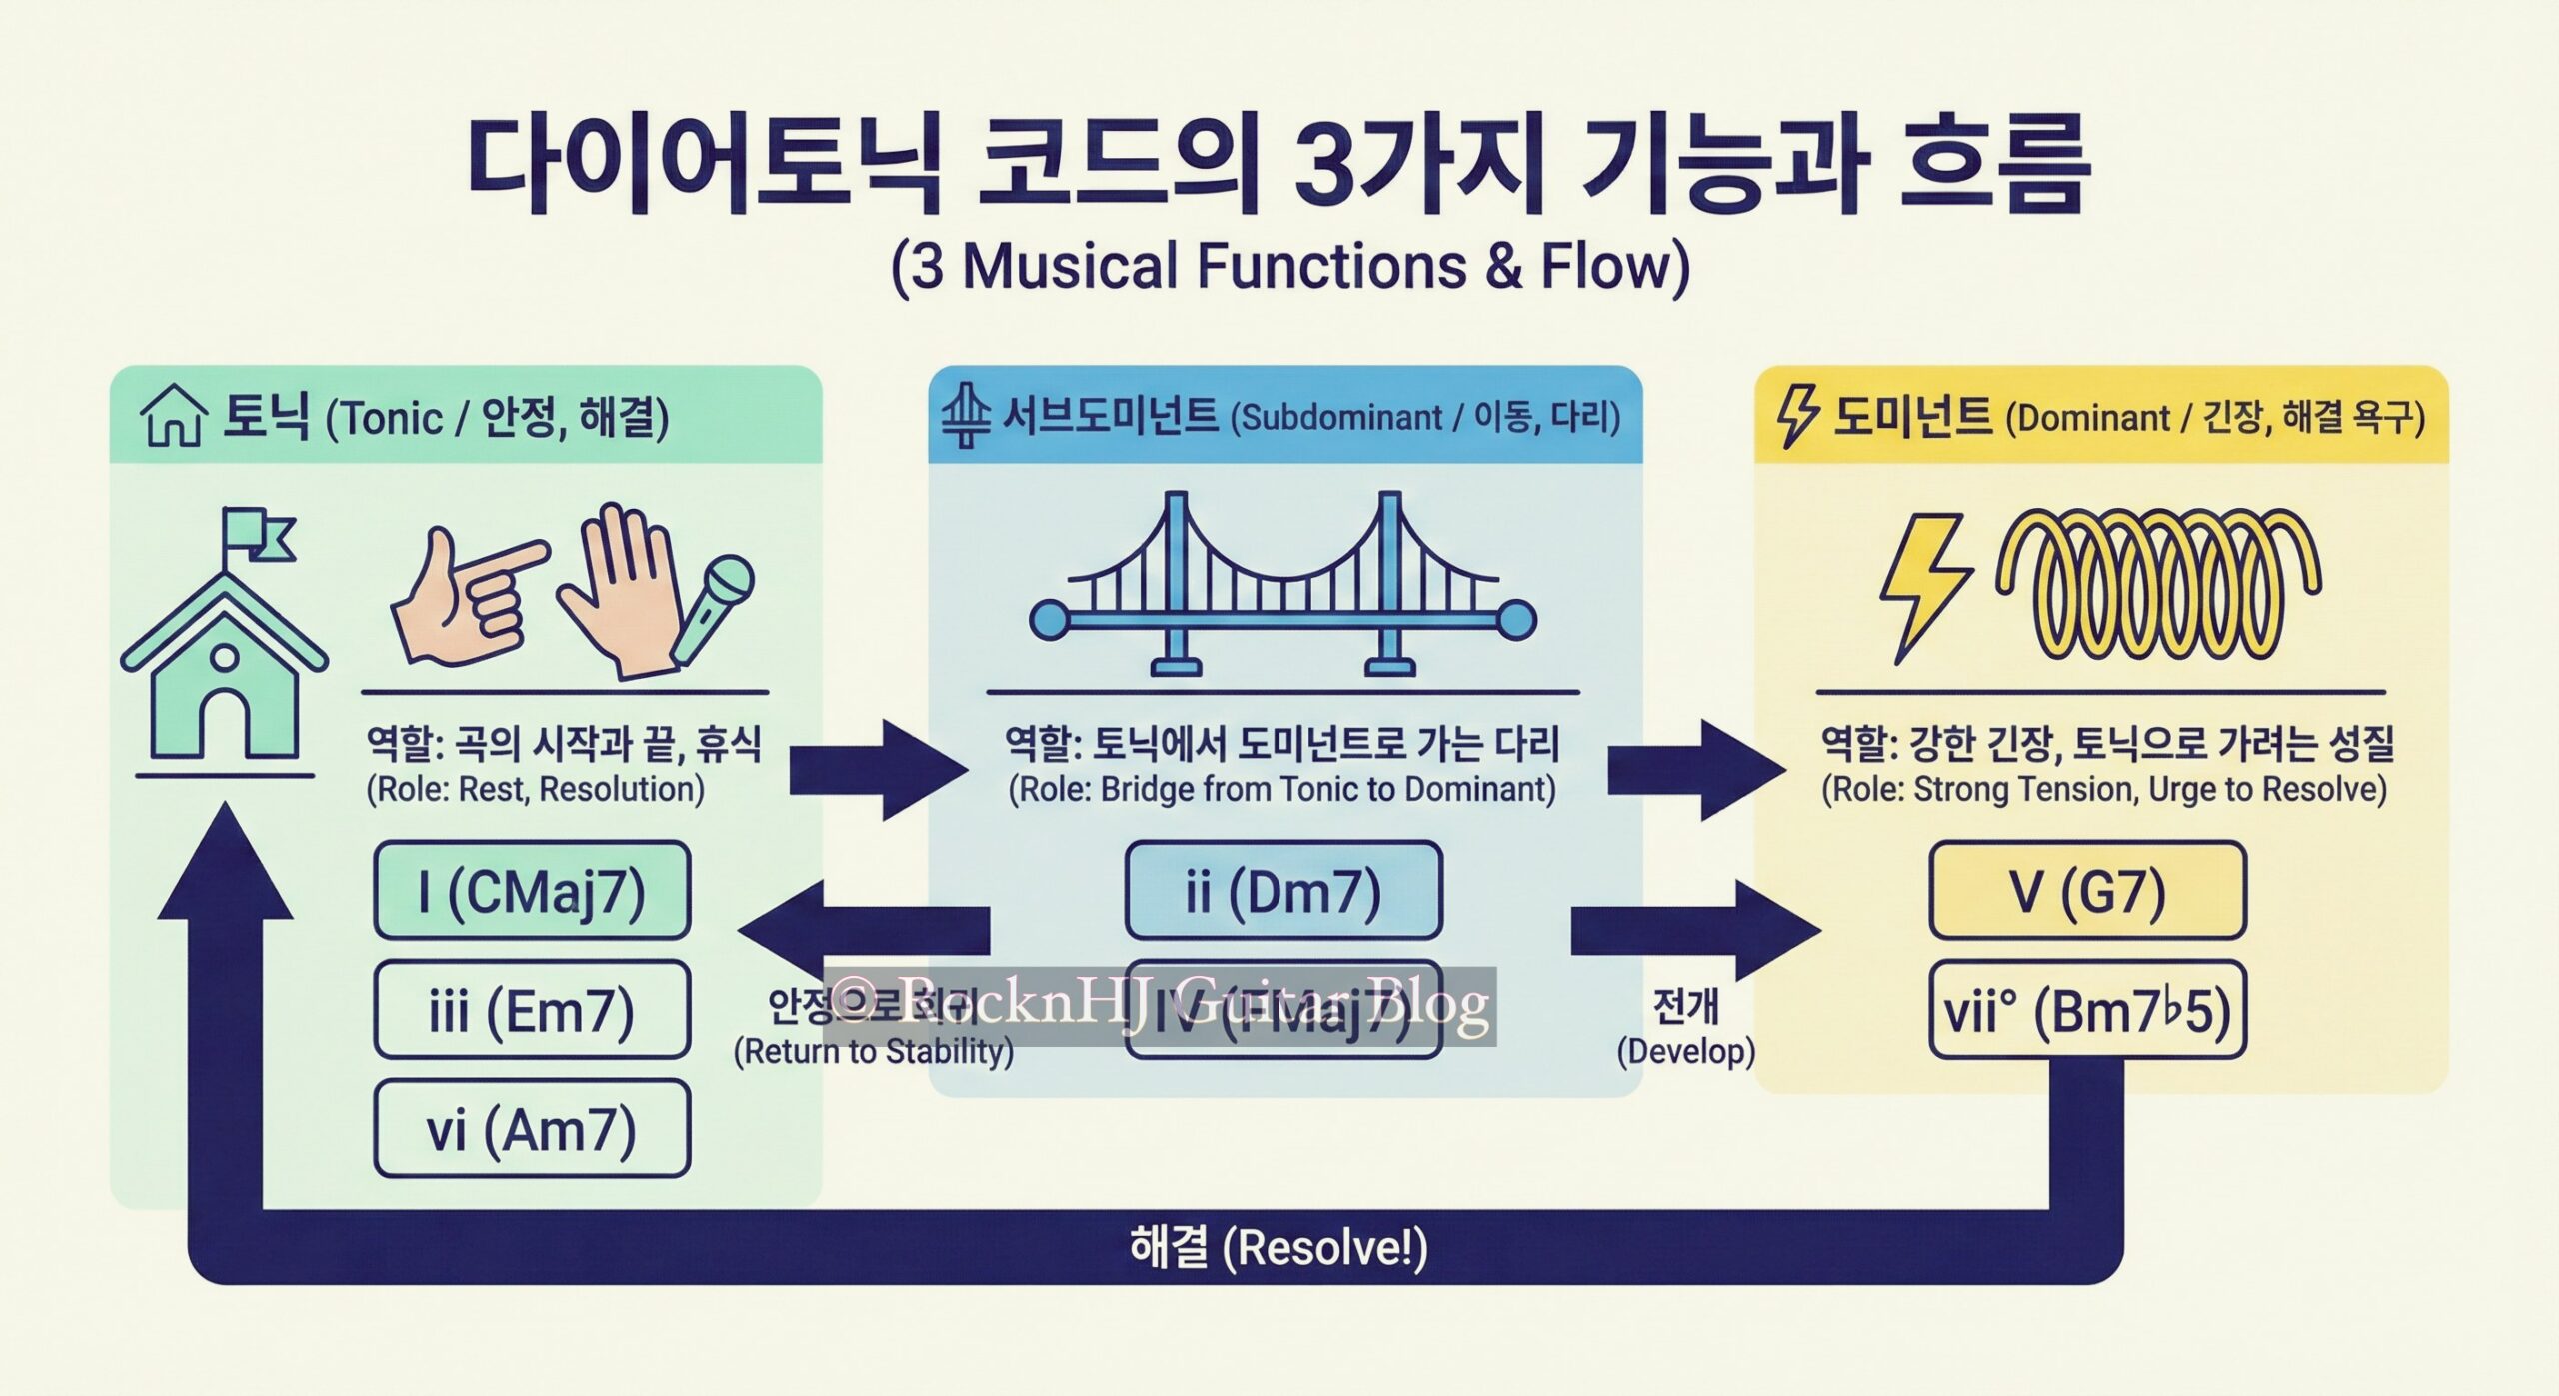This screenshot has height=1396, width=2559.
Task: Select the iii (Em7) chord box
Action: click(532, 1010)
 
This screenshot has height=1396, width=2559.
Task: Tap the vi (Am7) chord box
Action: click(532, 1129)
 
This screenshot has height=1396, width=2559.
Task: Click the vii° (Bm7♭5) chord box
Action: click(2087, 1011)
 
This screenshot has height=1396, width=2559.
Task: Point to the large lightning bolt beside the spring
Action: click(1923, 585)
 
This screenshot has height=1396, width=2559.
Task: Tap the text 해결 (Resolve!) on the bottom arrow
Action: click(1278, 1248)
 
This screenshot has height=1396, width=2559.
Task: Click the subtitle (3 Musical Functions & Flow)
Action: click(1289, 266)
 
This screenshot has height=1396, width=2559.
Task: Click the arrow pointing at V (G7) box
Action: click(1694, 930)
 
